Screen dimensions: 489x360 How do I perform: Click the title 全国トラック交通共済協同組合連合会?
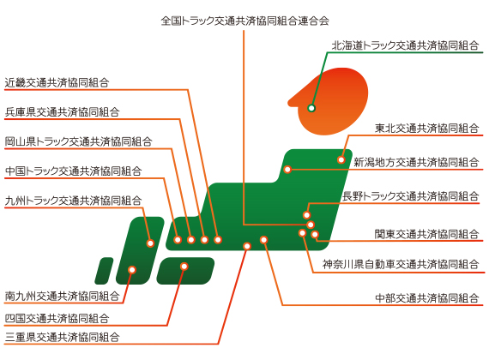click(244, 21)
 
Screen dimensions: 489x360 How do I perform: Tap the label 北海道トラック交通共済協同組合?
click(406, 45)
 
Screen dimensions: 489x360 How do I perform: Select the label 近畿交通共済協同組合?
click(57, 82)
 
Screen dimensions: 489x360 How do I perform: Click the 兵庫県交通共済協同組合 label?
click(62, 112)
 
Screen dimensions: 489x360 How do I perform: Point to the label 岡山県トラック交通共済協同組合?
click(78, 141)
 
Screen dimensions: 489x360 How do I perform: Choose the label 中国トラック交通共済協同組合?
click(73, 171)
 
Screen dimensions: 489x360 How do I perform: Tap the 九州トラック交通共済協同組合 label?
click(73, 200)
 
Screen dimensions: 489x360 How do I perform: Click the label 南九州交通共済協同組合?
click(62, 296)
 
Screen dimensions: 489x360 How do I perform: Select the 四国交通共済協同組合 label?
click(57, 319)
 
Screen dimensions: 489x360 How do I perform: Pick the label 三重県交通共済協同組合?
click(62, 337)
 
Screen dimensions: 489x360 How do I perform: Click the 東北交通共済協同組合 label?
click(427, 128)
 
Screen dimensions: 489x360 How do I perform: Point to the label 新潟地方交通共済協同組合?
click(416, 162)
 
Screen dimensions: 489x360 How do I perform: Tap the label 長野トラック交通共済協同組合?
click(411, 196)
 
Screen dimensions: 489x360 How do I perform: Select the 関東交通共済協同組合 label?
click(427, 234)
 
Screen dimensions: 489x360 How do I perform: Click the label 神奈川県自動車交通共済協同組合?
click(401, 264)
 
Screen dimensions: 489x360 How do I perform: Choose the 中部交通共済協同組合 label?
click(427, 298)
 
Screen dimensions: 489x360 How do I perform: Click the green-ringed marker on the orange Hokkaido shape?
click(311, 108)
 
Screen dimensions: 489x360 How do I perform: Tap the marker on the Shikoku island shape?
click(184, 267)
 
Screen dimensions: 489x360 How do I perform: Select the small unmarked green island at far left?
click(104, 271)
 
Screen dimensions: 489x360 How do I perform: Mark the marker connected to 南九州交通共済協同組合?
click(132, 270)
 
